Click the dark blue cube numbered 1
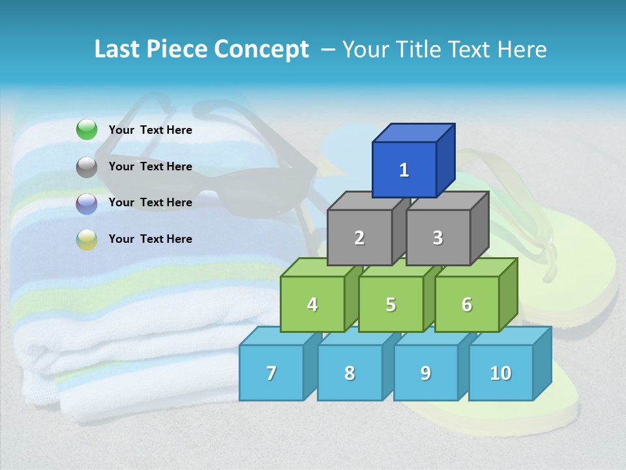[x=404, y=170]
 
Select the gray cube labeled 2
[x=359, y=238]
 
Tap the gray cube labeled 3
[x=438, y=238]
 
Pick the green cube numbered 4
[x=312, y=304]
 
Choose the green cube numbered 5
[x=391, y=304]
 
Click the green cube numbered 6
[x=467, y=304]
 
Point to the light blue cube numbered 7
[x=271, y=373]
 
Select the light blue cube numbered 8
[x=350, y=373]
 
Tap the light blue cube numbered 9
[x=426, y=373]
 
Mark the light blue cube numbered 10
[x=501, y=373]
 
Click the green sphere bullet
[x=87, y=130]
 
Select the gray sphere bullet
[x=87, y=167]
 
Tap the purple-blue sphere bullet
[x=87, y=204]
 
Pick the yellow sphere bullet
[x=87, y=240]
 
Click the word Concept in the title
[x=261, y=50]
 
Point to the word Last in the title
[x=117, y=50]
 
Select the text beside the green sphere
[x=150, y=130]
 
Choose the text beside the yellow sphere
[x=150, y=239]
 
